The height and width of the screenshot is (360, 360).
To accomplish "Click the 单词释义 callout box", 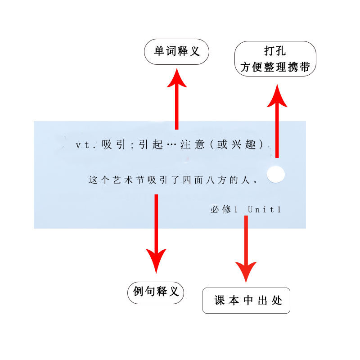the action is pyautogui.click(x=177, y=52).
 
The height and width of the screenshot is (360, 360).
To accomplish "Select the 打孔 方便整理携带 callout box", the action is pyautogui.click(x=275, y=59).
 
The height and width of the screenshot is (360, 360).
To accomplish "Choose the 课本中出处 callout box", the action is pyautogui.click(x=246, y=301).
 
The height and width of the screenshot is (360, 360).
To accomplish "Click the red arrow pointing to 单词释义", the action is pyautogui.click(x=177, y=99).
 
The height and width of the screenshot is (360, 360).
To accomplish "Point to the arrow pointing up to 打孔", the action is pyautogui.click(x=277, y=121).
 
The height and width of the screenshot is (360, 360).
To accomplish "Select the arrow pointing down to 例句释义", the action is pyautogui.click(x=156, y=234).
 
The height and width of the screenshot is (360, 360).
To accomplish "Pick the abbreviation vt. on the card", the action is pyautogui.click(x=85, y=145).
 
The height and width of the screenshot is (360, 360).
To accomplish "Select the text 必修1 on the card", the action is pyautogui.click(x=223, y=209).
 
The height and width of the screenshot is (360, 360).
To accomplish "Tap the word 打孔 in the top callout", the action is pyautogui.click(x=275, y=51).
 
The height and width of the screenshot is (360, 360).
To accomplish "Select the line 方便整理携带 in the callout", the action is pyautogui.click(x=275, y=67).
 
